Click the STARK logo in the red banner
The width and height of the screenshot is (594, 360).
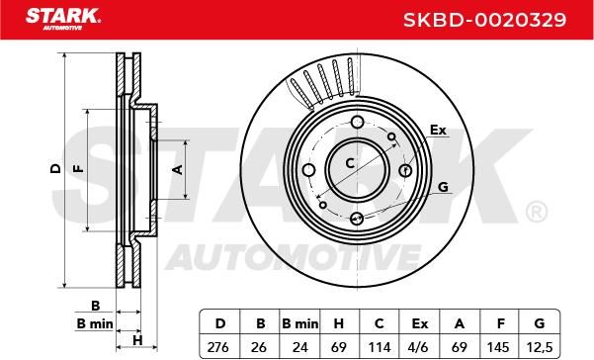63,20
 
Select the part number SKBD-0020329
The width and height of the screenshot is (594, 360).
484,20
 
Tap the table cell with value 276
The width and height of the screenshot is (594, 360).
218,347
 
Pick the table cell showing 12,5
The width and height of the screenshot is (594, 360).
540,347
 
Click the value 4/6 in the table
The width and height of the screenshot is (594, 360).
419,347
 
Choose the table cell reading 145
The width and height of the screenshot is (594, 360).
498,347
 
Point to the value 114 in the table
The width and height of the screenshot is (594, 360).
380,347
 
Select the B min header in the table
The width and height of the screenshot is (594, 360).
300,323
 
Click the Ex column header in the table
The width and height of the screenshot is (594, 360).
419,323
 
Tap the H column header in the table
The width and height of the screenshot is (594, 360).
339,323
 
